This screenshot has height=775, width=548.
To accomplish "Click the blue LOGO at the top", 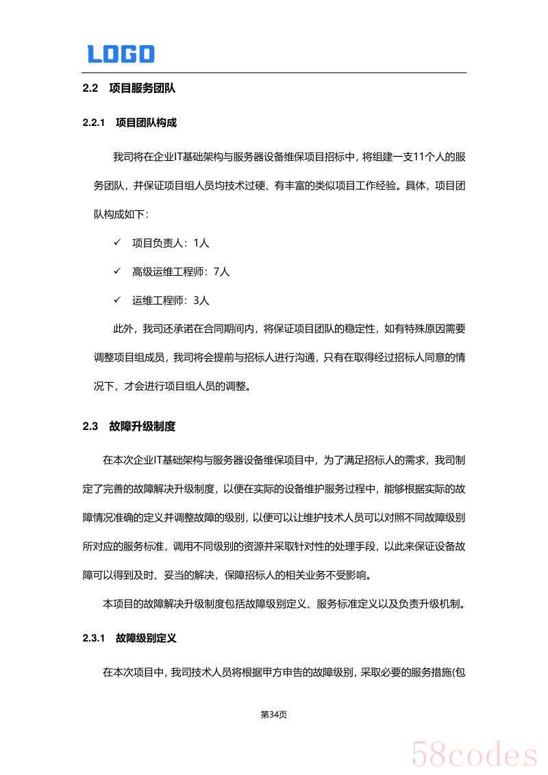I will click(x=121, y=54).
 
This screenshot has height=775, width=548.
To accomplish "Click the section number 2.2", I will click(x=90, y=88).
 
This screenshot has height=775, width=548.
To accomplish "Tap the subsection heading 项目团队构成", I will click(x=146, y=123).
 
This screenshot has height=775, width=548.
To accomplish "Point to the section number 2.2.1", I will click(x=93, y=123).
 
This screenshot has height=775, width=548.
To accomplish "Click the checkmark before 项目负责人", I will click(x=117, y=243).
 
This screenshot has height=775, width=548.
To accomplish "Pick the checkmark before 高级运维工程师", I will click(x=117, y=272).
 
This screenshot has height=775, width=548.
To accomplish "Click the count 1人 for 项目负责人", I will click(x=201, y=243).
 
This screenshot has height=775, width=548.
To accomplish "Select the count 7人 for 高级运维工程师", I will click(x=221, y=272).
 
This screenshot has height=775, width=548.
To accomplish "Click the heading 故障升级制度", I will click(x=142, y=427).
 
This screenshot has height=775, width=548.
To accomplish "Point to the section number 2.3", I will click(x=90, y=427).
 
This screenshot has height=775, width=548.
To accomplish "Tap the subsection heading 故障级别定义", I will click(x=146, y=638).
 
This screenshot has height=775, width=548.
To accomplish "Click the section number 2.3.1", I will click(x=93, y=638).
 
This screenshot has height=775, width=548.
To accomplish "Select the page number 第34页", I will click(x=274, y=715).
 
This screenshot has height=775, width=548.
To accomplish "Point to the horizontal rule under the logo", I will click(x=274, y=73).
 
